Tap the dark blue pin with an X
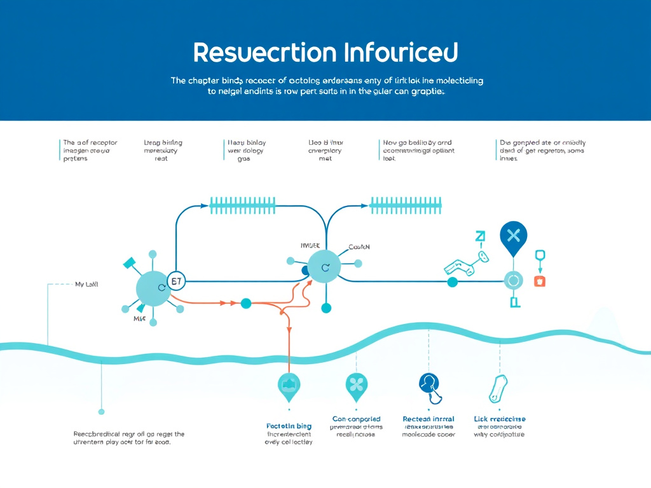point(514,236)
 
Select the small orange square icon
point(540,281)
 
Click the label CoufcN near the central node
point(359,247)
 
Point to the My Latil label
point(86,285)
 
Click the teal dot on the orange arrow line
point(246,303)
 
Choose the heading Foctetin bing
point(289,426)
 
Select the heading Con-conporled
point(356,419)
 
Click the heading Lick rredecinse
point(500,419)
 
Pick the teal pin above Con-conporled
point(356,384)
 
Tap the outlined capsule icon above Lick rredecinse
point(498,388)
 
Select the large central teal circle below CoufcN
point(324,267)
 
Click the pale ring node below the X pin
point(513,280)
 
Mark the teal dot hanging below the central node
point(326,308)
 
